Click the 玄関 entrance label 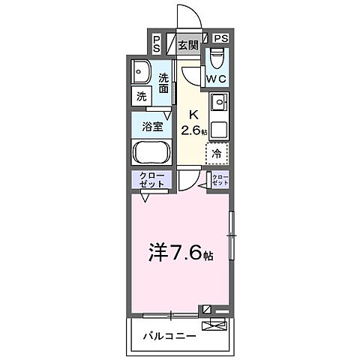(187, 45)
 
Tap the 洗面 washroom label (164, 82)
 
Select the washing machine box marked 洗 (140, 96)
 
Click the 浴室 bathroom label (152, 127)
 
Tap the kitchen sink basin (220, 103)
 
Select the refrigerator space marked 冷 (217, 154)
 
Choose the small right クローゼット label (220, 180)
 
